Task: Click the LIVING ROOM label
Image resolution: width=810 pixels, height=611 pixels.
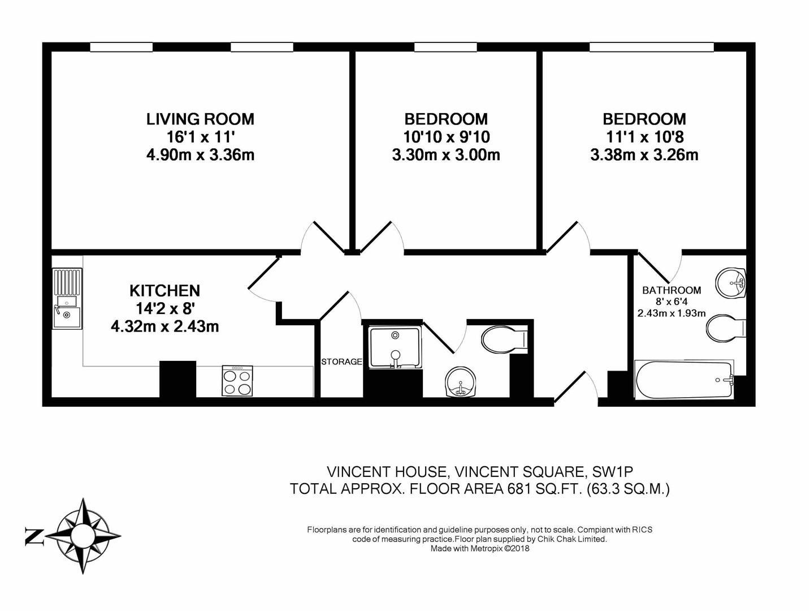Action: [200, 119]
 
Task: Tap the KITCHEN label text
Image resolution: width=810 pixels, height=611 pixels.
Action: [164, 291]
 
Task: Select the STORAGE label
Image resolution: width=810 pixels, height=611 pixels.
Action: [341, 362]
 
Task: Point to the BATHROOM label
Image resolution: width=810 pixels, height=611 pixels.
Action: [671, 290]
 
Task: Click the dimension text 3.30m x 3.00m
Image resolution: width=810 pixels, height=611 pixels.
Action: [445, 155]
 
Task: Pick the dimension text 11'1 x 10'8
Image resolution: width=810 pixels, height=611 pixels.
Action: [644, 137]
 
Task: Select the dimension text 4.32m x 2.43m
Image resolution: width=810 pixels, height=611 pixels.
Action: [164, 326]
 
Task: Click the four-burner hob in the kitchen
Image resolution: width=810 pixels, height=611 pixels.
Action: [237, 381]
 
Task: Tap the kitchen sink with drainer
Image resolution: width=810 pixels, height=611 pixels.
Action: [67, 298]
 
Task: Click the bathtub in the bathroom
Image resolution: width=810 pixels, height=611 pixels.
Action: [684, 380]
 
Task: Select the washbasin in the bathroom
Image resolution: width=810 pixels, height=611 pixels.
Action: [732, 282]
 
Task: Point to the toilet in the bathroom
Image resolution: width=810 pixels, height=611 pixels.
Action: [726, 328]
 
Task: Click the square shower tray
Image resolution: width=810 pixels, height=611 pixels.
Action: [395, 347]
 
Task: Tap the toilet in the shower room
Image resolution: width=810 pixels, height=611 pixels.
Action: [503, 339]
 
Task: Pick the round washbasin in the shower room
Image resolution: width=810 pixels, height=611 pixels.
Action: [462, 382]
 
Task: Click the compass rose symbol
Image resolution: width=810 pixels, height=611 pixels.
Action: [84, 535]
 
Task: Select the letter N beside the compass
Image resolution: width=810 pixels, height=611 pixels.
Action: [34, 536]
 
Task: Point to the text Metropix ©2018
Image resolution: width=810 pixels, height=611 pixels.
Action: [500, 548]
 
